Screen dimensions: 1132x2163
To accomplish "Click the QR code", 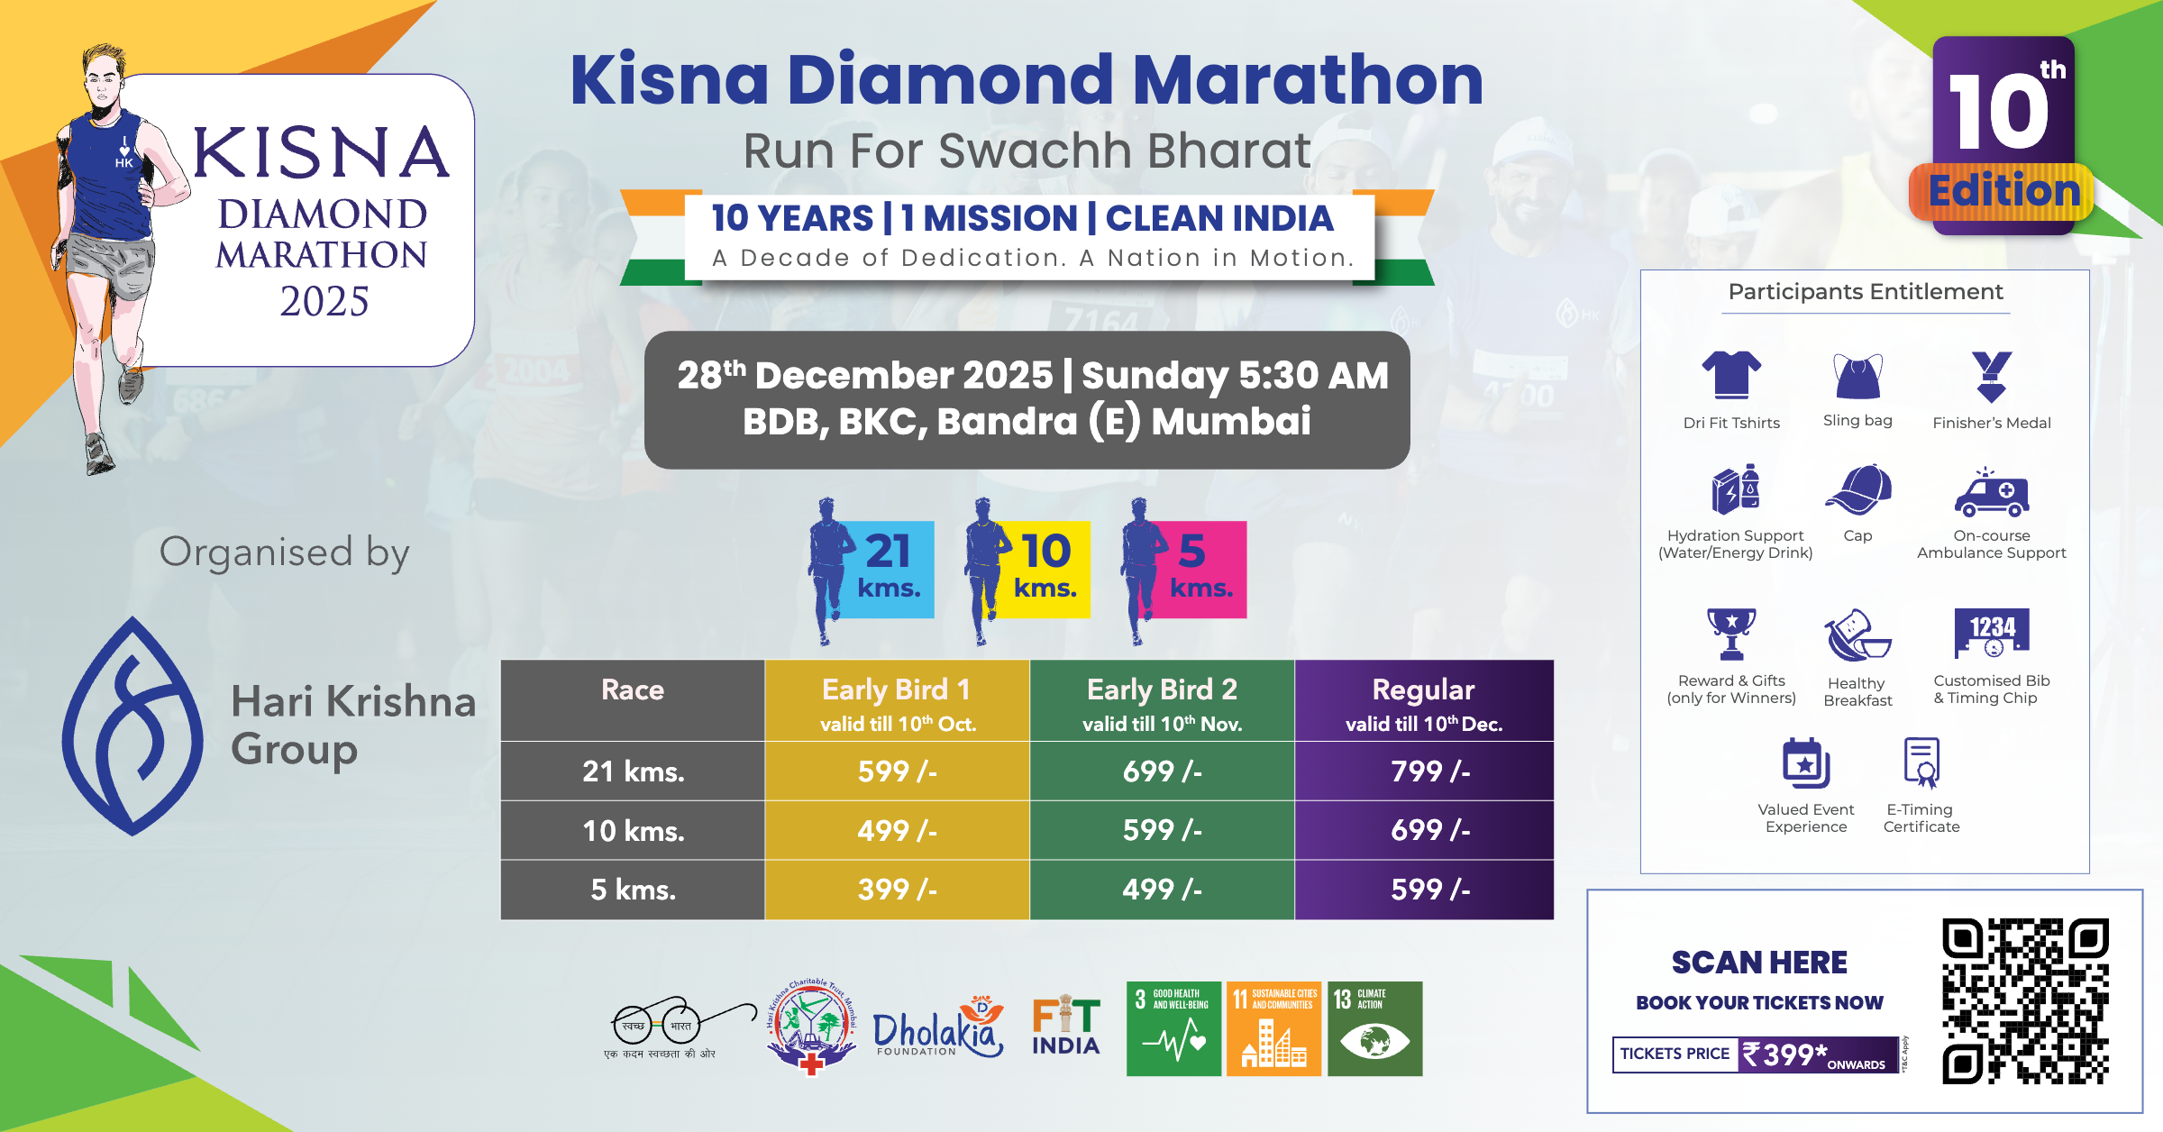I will [x=2025, y=1000].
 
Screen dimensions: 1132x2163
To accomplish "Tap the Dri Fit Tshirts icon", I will [x=1731, y=375].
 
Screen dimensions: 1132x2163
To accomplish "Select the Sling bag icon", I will [x=1857, y=377].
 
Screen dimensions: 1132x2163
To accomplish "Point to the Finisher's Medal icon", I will [x=1991, y=376].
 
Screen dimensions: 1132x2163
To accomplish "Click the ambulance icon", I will [x=1992, y=493].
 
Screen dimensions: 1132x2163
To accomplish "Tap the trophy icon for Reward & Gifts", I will [x=1731, y=634].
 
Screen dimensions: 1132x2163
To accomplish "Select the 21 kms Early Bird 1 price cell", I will [x=897, y=771].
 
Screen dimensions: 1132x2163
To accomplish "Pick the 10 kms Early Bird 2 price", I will [x=1162, y=830].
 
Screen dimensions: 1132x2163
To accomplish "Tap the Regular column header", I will [x=1424, y=701].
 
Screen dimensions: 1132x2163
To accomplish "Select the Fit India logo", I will [x=1066, y=1027].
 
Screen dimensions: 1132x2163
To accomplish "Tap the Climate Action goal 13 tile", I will [x=1374, y=1028].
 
